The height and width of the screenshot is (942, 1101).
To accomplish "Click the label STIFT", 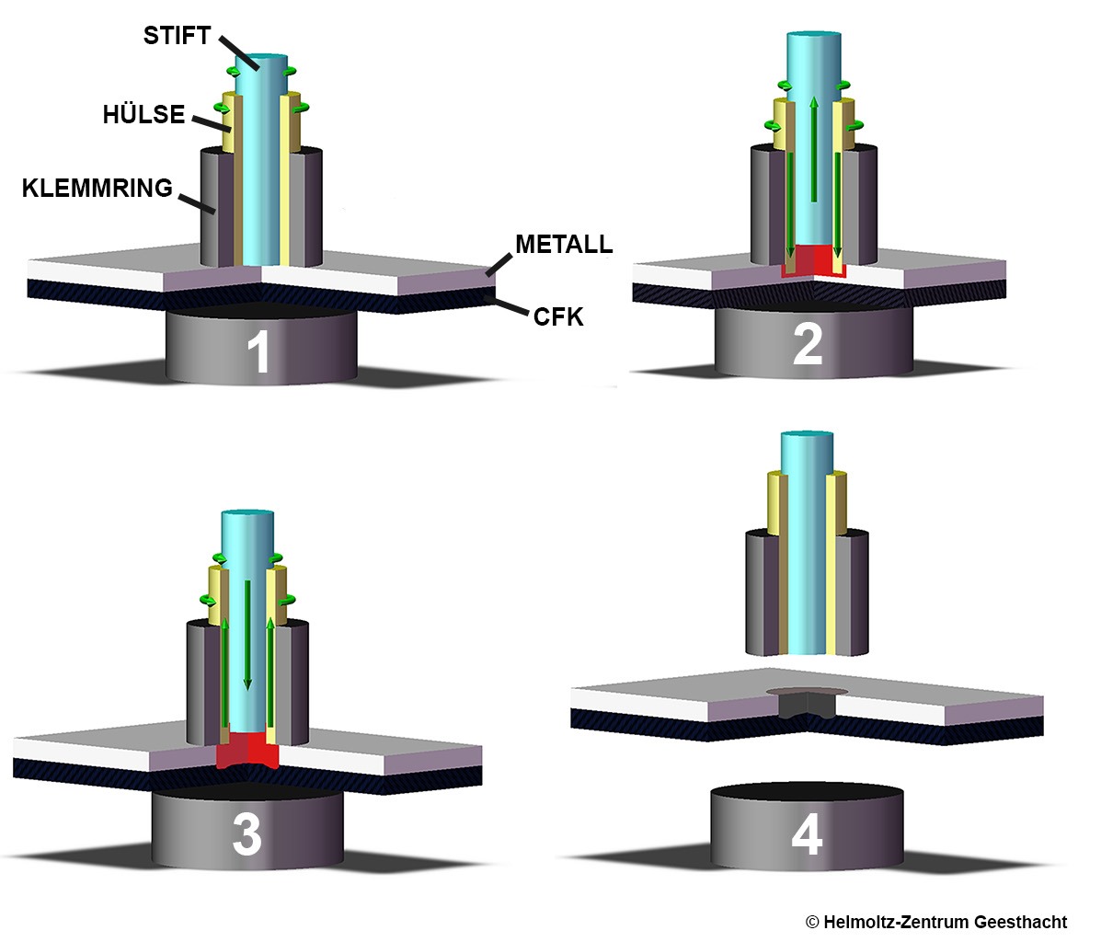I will (x=177, y=36).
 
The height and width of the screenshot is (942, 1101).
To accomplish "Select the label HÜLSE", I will (x=143, y=115).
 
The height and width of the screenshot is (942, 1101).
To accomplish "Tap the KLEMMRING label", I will (x=97, y=189).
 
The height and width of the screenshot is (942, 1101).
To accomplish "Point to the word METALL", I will (x=563, y=245).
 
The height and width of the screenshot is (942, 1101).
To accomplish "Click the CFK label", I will (x=558, y=318).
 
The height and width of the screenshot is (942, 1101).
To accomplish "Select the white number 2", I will (x=807, y=345).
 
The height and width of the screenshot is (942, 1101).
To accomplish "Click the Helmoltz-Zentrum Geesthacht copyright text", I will (x=935, y=922).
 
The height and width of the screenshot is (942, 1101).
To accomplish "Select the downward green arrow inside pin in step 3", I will (x=247, y=635).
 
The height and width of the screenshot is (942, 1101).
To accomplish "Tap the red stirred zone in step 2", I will (x=813, y=261).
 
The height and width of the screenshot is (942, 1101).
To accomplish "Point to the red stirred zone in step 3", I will (x=246, y=751).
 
